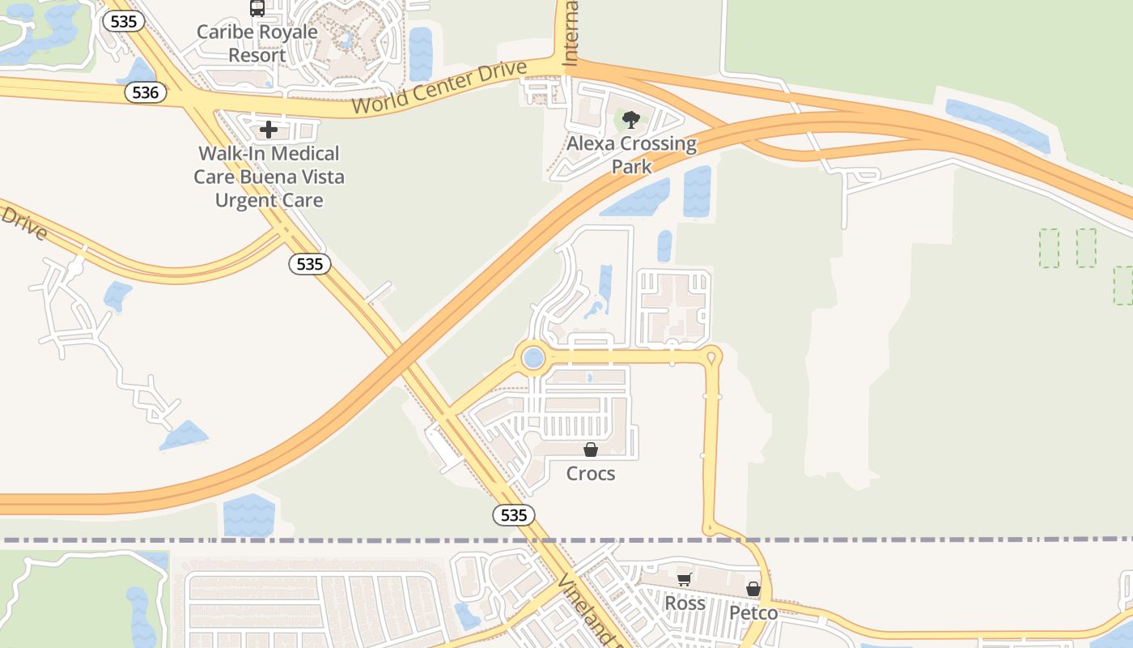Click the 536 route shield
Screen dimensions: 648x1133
coord(146,92)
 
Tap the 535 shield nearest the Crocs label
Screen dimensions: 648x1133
coord(513,514)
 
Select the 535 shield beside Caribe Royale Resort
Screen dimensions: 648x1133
coord(123,21)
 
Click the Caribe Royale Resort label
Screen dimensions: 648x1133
coord(257,44)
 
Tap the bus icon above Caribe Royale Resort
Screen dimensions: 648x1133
coord(257,8)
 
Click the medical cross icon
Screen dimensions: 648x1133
coord(269,130)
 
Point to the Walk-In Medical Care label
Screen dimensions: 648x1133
coord(269,177)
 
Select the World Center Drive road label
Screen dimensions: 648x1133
coord(439,87)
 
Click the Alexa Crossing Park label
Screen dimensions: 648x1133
coord(631,155)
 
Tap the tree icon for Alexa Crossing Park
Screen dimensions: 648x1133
coord(631,121)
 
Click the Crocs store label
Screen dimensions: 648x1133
coord(591,473)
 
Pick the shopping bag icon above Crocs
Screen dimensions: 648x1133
coord(591,450)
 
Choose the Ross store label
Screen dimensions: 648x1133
coord(685,603)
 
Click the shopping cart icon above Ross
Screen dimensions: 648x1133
coord(685,579)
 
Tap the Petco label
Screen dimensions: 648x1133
coord(753,612)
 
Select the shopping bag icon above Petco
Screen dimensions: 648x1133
coord(753,589)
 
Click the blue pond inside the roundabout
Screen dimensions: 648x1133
coord(533,357)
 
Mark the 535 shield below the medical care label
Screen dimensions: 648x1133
coord(310,263)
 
